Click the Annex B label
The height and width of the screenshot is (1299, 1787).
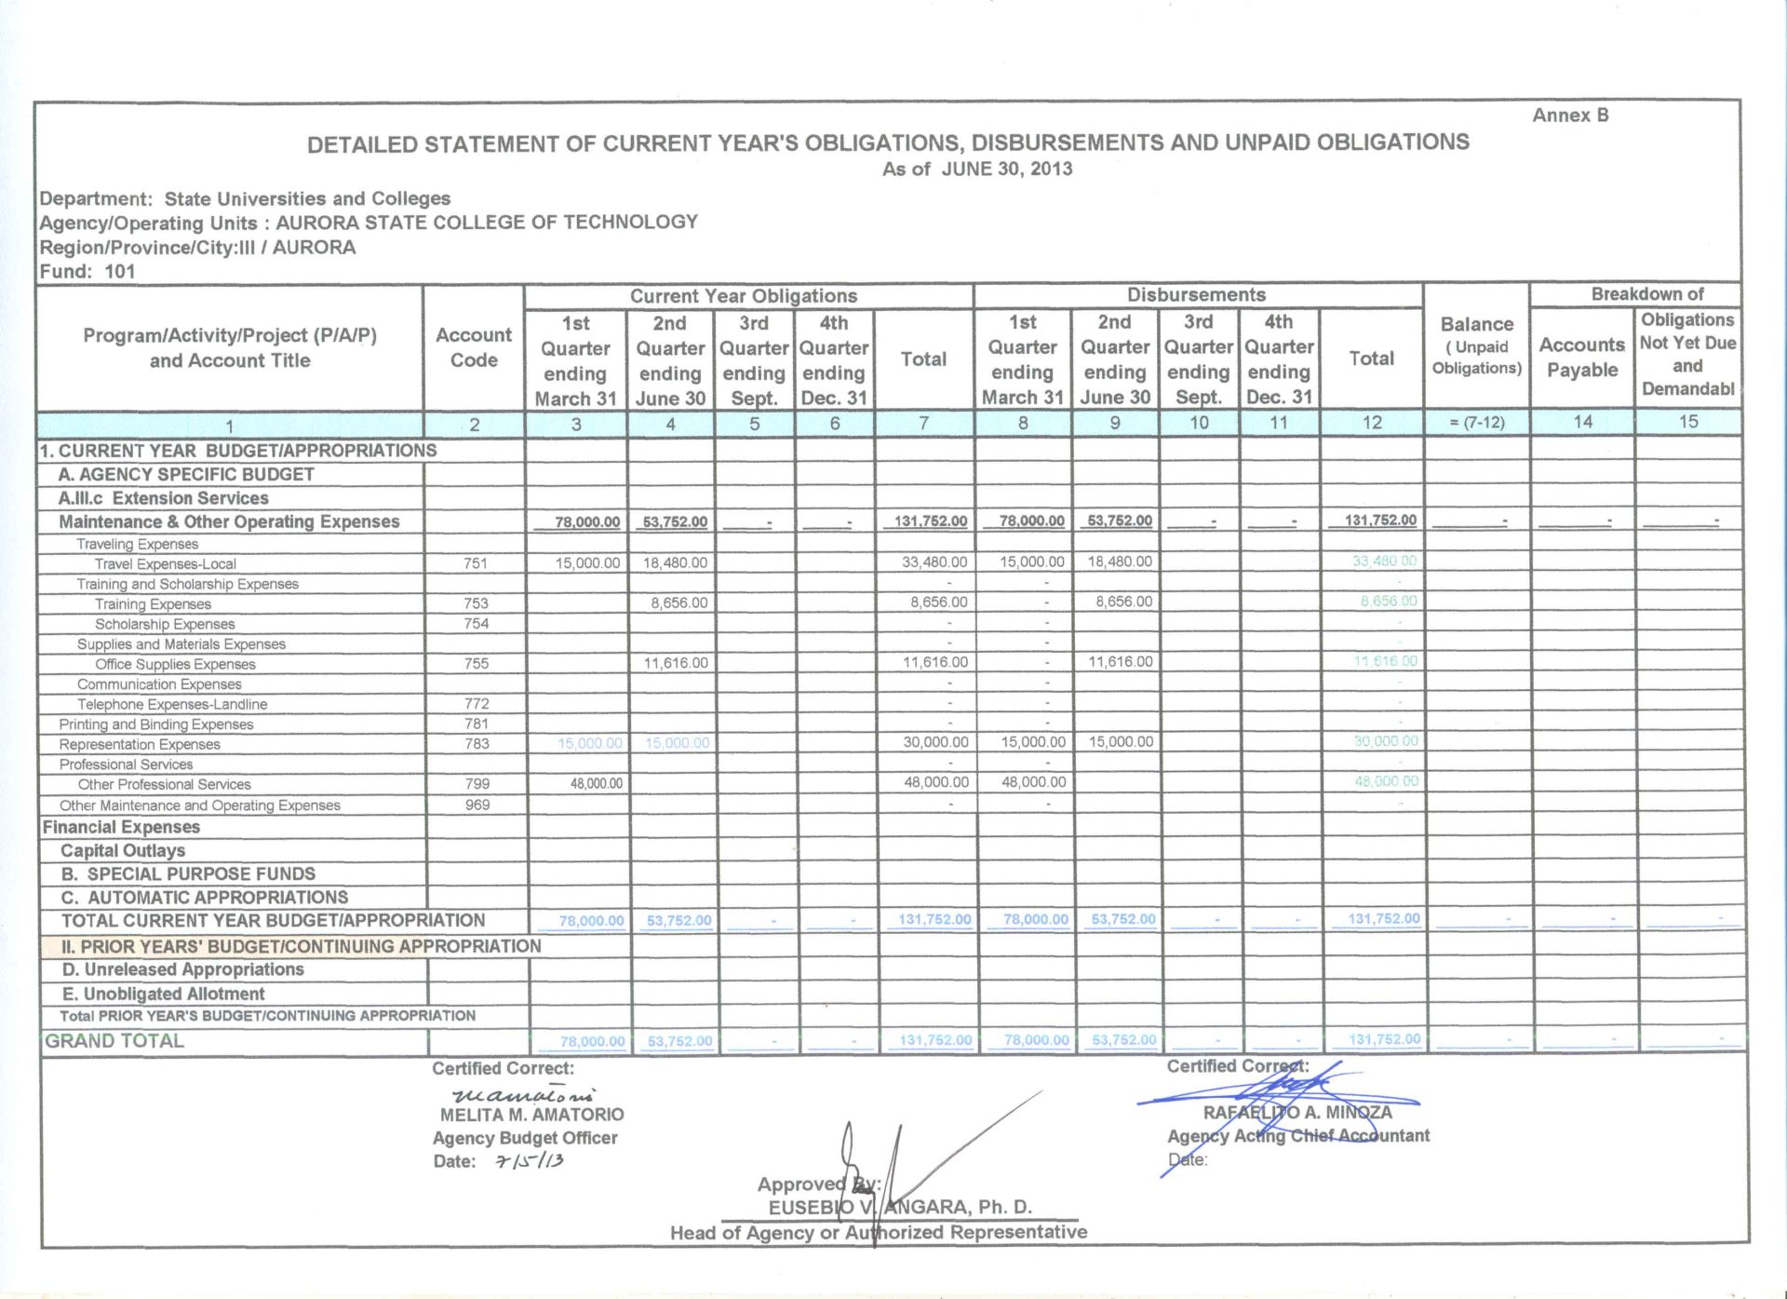1570,115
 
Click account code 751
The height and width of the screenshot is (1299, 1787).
475,563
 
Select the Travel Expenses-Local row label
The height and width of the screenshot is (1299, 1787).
165,564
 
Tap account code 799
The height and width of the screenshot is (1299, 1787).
477,784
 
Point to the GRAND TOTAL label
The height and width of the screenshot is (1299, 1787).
114,1041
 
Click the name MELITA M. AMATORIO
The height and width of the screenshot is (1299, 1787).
531,1115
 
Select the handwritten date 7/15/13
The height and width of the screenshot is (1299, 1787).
530,1161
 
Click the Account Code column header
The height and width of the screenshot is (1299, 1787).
474,347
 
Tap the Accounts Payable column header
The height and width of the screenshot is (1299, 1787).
1581,358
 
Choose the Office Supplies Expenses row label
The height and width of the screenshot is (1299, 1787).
175,665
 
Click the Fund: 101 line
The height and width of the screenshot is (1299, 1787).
87,272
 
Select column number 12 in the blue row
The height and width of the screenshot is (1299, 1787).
1372,423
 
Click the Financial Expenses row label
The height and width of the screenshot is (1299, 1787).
121,827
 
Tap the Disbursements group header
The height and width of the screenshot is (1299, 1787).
1196,295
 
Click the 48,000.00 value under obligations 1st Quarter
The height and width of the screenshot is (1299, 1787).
596,784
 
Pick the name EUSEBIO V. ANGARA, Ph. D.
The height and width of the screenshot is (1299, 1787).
899,1208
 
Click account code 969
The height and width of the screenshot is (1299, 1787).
477,805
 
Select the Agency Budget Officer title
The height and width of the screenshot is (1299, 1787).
525,1138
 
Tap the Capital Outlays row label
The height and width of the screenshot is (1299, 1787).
123,850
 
